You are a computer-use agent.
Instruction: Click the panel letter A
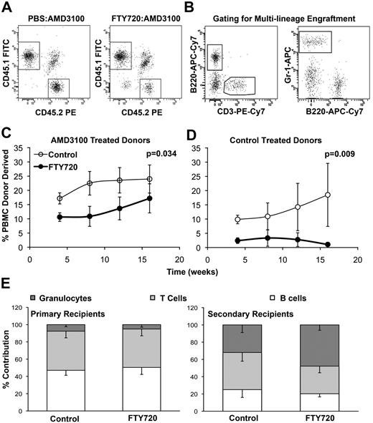[6, 6]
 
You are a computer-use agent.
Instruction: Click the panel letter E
[6, 293]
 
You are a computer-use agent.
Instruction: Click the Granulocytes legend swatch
[33, 296]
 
